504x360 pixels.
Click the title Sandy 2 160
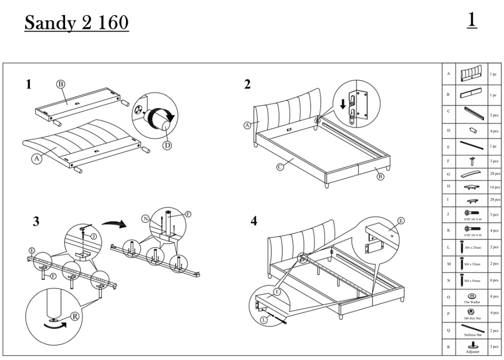[x=76, y=23]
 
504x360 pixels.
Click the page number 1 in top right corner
[x=472, y=20]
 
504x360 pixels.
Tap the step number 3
[x=36, y=222]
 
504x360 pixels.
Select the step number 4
[x=254, y=221]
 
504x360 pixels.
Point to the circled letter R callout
[x=75, y=316]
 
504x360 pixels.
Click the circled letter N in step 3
[x=146, y=219]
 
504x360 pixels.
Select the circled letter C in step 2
[x=280, y=168]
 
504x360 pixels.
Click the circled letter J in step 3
[x=94, y=235]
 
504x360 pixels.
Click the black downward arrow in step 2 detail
[x=343, y=104]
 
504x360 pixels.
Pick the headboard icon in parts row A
[x=471, y=74]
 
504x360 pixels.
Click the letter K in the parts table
[x=448, y=230]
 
